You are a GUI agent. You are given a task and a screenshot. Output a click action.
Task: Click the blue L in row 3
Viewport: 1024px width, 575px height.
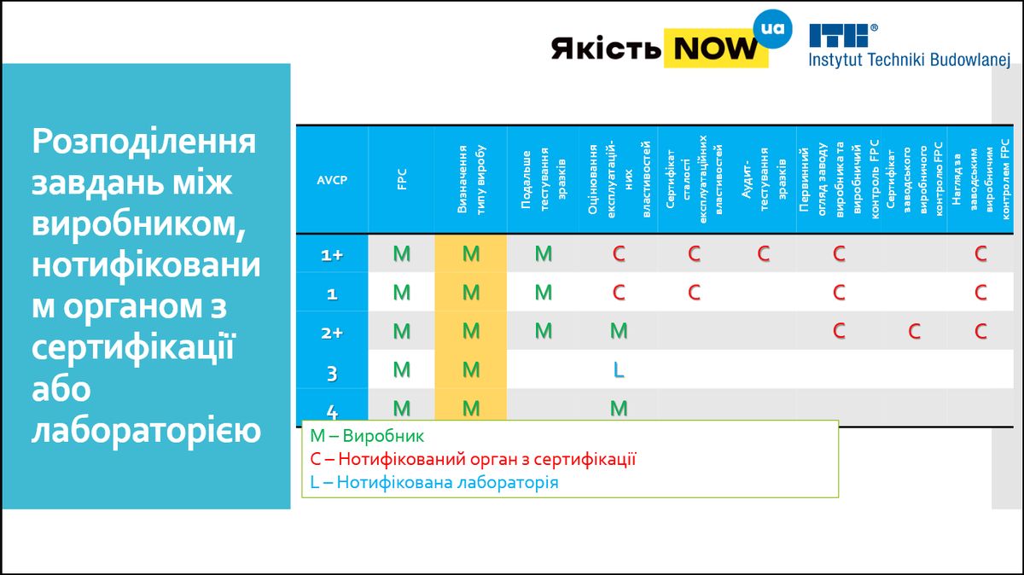(x=619, y=369)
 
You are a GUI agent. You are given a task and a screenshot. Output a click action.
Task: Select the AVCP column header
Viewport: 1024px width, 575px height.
(x=332, y=180)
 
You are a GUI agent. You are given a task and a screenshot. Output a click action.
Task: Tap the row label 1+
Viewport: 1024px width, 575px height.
(x=332, y=255)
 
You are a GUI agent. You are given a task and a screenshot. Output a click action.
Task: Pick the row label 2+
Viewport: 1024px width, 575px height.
(x=332, y=333)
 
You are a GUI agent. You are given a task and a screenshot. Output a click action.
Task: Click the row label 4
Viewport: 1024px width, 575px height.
(x=332, y=412)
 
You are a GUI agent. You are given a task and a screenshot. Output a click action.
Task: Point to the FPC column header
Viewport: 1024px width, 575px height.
(x=402, y=180)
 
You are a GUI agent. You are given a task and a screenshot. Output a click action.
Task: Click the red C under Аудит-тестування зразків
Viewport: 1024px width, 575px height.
(x=764, y=253)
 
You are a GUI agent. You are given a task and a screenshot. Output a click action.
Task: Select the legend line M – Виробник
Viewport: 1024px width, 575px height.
(x=367, y=436)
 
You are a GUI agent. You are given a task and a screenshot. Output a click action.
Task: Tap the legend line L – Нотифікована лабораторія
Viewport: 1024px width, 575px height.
(x=433, y=482)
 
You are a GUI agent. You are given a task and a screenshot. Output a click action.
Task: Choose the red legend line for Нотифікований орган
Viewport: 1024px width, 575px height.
(x=473, y=459)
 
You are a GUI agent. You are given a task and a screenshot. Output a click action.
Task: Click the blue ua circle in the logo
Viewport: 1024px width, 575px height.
(x=772, y=29)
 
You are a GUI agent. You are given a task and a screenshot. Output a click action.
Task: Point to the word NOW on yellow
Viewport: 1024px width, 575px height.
(x=716, y=48)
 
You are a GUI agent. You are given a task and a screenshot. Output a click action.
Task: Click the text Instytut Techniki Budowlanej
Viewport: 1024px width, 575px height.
(x=910, y=60)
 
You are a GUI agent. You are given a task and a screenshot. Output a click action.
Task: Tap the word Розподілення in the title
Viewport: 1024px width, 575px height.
(x=144, y=142)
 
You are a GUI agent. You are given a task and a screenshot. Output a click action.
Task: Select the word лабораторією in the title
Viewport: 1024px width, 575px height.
(x=146, y=430)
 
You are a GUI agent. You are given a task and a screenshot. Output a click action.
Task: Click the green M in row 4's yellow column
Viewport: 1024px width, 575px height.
(x=471, y=408)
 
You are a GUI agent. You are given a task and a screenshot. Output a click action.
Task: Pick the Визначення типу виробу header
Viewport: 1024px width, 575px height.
(x=471, y=180)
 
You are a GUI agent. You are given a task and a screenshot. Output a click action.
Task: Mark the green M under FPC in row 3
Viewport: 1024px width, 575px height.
(x=402, y=369)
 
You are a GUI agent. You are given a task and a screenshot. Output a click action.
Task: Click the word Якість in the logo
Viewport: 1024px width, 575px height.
(x=606, y=48)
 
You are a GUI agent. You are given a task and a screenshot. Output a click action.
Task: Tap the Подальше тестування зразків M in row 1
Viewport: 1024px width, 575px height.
(x=544, y=292)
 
